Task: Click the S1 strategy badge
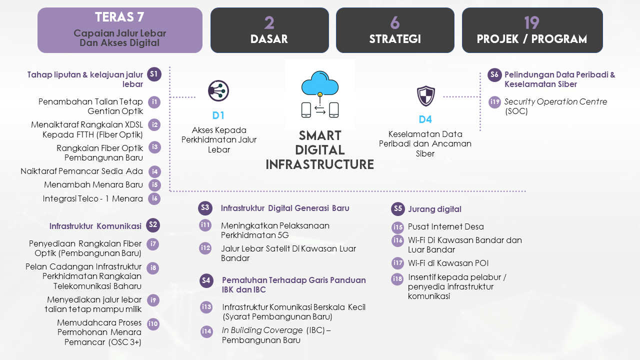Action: click(x=154, y=74)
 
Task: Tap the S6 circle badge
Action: click(x=494, y=75)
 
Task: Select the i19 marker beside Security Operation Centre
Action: click(x=494, y=102)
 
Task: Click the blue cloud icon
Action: click(x=320, y=83)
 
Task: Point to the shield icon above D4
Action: click(x=425, y=95)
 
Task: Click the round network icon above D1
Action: click(x=218, y=91)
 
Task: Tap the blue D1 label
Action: click(x=218, y=115)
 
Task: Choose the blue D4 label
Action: click(x=425, y=119)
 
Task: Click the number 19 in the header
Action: click(x=531, y=23)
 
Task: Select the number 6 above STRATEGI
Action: click(x=395, y=23)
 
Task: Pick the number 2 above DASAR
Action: click(x=269, y=23)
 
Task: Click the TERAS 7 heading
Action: click(x=119, y=17)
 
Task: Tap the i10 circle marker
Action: click(x=153, y=324)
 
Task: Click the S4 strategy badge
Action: click(x=206, y=280)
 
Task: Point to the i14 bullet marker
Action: click(x=206, y=331)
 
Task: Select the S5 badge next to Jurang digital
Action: click(x=398, y=209)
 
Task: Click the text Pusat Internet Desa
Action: click(x=445, y=227)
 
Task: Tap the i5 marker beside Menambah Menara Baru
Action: click(x=154, y=185)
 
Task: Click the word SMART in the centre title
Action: click(x=320, y=135)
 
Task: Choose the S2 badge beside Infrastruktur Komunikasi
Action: click(x=153, y=225)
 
